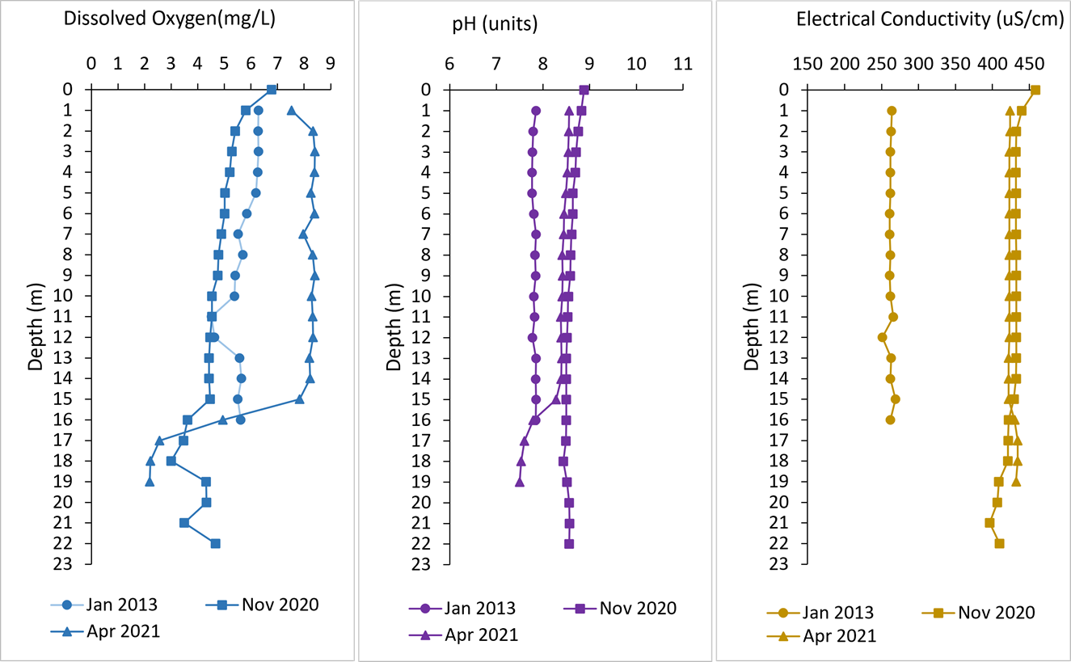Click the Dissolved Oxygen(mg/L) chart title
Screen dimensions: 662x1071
pos(170,21)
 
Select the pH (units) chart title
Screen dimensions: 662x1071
pos(495,25)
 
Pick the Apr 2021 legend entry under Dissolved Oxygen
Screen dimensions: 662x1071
pos(122,632)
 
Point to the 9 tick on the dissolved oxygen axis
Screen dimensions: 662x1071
pos(330,62)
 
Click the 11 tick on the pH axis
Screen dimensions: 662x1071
pos(683,62)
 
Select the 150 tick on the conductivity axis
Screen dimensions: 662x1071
pos(807,62)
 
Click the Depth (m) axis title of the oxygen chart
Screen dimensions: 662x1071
pos(36,326)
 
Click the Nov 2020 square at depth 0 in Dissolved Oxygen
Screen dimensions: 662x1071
pos(272,90)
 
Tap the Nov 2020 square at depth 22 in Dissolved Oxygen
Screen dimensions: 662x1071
pos(215,544)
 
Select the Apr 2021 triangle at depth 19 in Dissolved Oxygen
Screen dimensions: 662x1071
pos(150,482)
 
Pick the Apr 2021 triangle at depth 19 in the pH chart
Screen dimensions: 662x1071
pos(520,482)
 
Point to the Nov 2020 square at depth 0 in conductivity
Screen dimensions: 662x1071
pos(1035,90)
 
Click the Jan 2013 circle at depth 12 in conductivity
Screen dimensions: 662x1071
pos(882,337)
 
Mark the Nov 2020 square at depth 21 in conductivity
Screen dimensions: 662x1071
pos(989,523)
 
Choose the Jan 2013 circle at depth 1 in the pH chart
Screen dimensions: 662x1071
pos(535,111)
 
